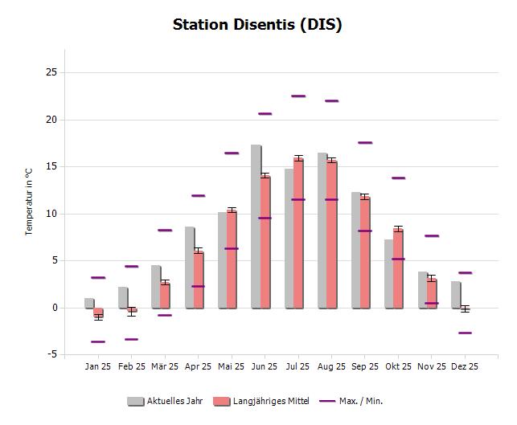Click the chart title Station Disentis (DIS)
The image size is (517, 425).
click(257, 24)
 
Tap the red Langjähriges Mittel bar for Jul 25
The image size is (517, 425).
click(298, 233)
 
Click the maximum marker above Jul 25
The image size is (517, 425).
click(298, 96)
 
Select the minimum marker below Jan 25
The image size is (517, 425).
click(98, 341)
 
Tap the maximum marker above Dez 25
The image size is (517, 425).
click(465, 273)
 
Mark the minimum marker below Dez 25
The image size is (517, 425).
click(465, 333)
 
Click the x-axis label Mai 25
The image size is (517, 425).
click(231, 367)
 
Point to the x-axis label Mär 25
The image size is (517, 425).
click(165, 367)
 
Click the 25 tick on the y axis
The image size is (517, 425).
click(51, 72)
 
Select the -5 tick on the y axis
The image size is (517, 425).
click(51, 354)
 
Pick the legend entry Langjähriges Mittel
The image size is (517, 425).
click(260, 400)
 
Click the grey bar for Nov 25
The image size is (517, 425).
click(421, 289)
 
